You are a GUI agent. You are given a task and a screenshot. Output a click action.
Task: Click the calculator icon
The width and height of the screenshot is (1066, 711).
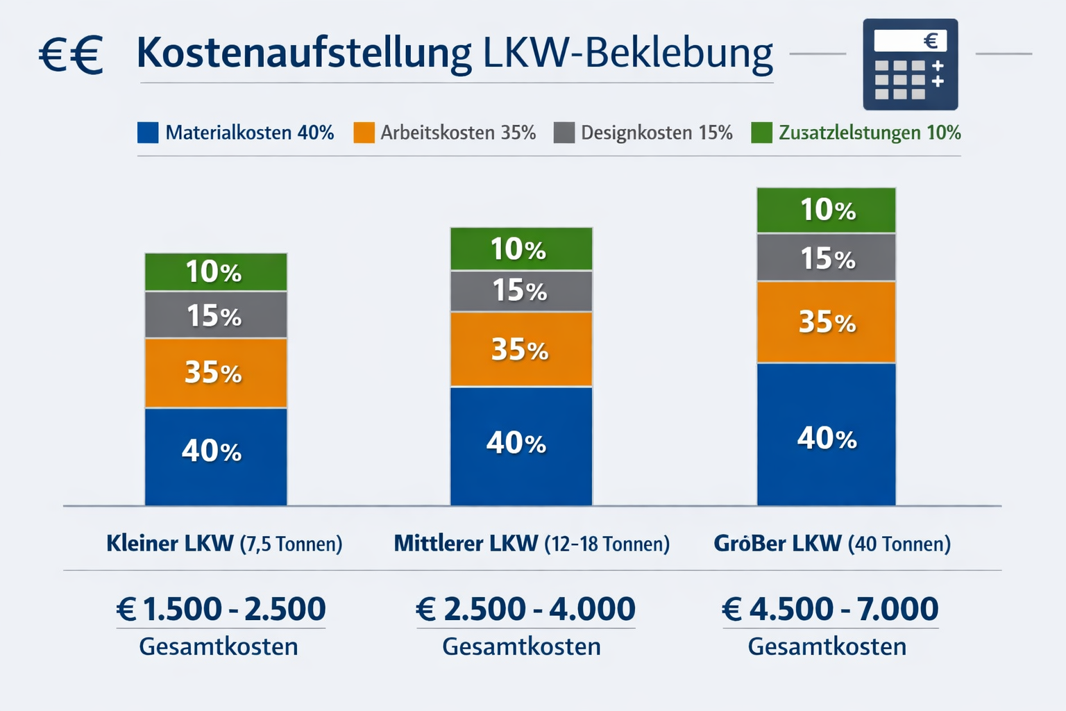pyautogui.click(x=910, y=65)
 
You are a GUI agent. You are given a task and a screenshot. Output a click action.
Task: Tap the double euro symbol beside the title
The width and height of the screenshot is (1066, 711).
pyautogui.click(x=70, y=55)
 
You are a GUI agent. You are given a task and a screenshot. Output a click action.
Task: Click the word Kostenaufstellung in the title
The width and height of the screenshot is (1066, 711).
pyautogui.click(x=303, y=53)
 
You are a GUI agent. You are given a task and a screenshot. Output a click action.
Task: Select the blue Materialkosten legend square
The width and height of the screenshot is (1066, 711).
pyautogui.click(x=148, y=133)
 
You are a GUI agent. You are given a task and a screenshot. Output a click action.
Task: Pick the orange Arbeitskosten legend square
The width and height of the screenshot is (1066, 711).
pyautogui.click(x=364, y=133)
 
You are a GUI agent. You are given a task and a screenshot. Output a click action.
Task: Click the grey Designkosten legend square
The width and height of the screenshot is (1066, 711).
pyautogui.click(x=564, y=133)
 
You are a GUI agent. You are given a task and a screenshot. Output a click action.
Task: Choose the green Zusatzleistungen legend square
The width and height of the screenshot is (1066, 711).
pyautogui.click(x=761, y=133)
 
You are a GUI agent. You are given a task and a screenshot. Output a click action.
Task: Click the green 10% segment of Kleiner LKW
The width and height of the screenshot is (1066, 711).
pyautogui.click(x=216, y=271)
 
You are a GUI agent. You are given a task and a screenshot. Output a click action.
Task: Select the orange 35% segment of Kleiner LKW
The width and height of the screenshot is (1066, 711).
pyautogui.click(x=216, y=373)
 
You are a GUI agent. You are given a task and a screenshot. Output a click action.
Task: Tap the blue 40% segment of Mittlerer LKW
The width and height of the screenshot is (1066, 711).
pyautogui.click(x=521, y=445)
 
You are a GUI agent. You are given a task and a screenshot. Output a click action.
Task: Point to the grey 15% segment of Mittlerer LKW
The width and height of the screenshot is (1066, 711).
pyautogui.click(x=521, y=291)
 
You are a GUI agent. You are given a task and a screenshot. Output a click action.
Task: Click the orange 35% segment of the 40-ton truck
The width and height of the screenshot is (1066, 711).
pyautogui.click(x=826, y=322)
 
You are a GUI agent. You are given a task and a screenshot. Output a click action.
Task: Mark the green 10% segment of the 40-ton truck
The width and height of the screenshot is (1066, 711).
pyautogui.click(x=826, y=210)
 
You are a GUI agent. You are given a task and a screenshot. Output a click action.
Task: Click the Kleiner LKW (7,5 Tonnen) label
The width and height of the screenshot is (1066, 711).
pyautogui.click(x=224, y=543)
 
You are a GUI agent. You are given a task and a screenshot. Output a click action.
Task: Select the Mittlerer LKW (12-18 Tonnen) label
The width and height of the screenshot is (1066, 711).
pyautogui.click(x=532, y=543)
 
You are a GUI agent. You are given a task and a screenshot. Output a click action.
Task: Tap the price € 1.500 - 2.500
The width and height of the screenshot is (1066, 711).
pyautogui.click(x=221, y=609)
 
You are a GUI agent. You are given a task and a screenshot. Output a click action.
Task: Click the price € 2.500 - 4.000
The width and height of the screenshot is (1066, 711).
pyautogui.click(x=525, y=609)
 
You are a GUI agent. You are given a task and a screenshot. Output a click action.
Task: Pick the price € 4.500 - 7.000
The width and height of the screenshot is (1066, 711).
pyautogui.click(x=830, y=609)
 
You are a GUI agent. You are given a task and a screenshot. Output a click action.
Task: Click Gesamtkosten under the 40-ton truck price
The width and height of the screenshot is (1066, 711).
pyautogui.click(x=827, y=646)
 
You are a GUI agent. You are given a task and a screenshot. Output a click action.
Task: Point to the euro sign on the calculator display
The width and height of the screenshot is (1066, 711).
pyautogui.click(x=931, y=41)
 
